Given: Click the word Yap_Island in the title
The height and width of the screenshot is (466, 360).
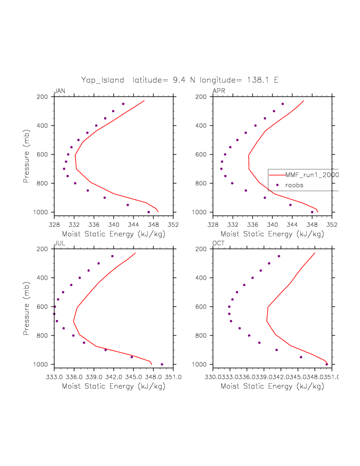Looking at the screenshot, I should pyautogui.click(x=103, y=80).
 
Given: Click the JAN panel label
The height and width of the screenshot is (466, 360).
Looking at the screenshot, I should pyautogui.click(x=59, y=91).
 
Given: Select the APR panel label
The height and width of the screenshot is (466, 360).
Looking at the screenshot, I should pyautogui.click(x=219, y=91).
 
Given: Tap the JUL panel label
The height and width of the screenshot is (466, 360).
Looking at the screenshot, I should pyautogui.click(x=59, y=243).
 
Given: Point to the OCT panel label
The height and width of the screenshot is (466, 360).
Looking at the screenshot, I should pyautogui.click(x=219, y=243).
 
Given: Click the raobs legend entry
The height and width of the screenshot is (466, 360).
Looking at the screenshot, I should pyautogui.click(x=294, y=185).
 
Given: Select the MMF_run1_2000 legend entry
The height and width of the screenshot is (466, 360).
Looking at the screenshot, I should pyautogui.click(x=312, y=175).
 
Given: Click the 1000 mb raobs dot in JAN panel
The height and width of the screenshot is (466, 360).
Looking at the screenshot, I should pyautogui.click(x=148, y=212).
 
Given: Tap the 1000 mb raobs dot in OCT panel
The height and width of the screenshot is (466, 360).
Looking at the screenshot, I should pyautogui.click(x=327, y=364).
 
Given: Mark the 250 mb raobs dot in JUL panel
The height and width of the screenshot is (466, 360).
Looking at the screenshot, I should pyautogui.click(x=113, y=256).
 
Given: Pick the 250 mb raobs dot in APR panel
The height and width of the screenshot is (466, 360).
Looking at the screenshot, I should pyautogui.click(x=282, y=104).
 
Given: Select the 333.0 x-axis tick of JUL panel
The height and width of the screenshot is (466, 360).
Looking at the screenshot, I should pyautogui.click(x=54, y=377).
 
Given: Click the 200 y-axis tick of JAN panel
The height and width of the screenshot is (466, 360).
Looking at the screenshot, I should pyautogui.click(x=42, y=97).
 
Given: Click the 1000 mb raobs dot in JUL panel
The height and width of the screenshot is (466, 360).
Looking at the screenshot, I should pyautogui.click(x=162, y=364).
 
